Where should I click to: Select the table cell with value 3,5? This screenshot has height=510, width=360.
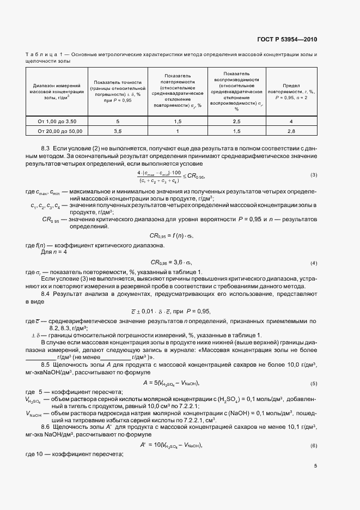tap(118, 131)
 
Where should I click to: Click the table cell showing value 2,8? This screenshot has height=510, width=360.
tap(291, 131)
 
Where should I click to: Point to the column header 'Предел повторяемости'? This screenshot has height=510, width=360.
tap(291, 92)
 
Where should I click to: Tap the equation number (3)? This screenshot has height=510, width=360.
tap(314, 175)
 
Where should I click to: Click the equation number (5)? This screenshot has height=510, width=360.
tap(314, 383)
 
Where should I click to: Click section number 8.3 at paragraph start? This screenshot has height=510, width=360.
tap(46, 148)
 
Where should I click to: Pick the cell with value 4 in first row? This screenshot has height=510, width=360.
tap(291, 121)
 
